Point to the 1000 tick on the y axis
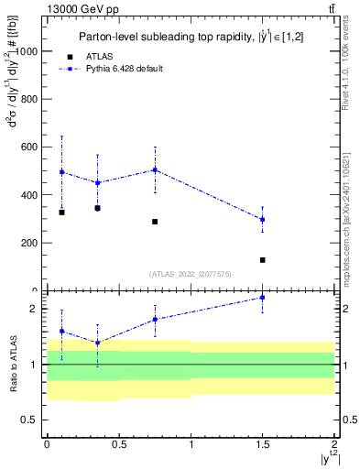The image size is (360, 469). click(x=26, y=51)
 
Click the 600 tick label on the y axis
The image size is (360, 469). click(x=29, y=147)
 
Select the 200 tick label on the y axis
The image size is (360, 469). click(x=29, y=243)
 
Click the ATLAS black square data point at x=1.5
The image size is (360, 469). click(x=262, y=260)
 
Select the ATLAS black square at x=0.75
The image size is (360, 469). click(x=155, y=222)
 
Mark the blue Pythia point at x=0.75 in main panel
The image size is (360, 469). click(x=155, y=169)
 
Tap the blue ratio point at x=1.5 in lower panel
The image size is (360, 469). click(x=262, y=298)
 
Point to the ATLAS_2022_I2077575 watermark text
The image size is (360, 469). click(x=191, y=273)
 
